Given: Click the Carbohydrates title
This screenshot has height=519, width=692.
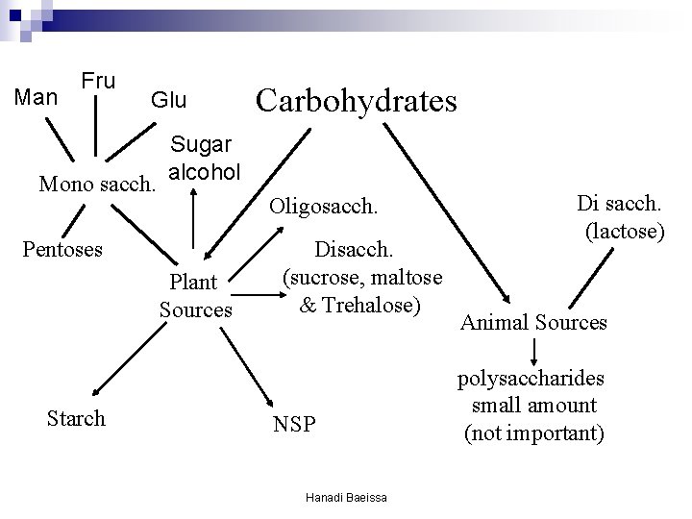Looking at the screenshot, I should coord(356,100).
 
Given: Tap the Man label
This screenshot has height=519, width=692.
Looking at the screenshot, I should coord(37,97).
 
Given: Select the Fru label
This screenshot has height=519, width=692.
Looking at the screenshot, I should coord(97,80).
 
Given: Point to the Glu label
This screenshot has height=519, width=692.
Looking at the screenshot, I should coord(168,100).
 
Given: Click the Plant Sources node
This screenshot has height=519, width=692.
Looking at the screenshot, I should coord(195,296).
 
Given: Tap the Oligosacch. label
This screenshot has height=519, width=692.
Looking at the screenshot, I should coord(324,206).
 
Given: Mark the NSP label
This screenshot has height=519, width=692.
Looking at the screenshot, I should coord(293,424).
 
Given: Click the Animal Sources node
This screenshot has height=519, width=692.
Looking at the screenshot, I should coord(533,322).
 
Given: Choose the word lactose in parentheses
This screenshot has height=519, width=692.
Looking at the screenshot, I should coord(624,232).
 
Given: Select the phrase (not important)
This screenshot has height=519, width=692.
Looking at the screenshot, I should coord(533,433).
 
